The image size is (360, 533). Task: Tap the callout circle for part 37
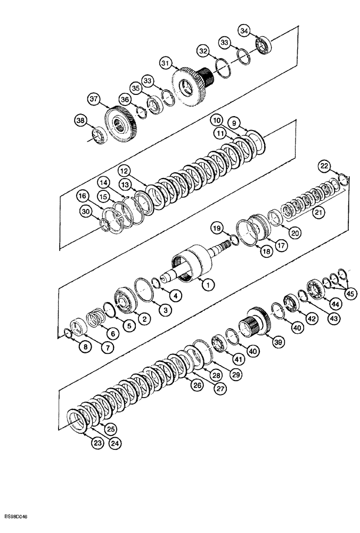click(94, 99)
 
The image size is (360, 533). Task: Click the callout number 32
click(202, 51)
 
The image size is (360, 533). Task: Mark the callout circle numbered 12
click(124, 171)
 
